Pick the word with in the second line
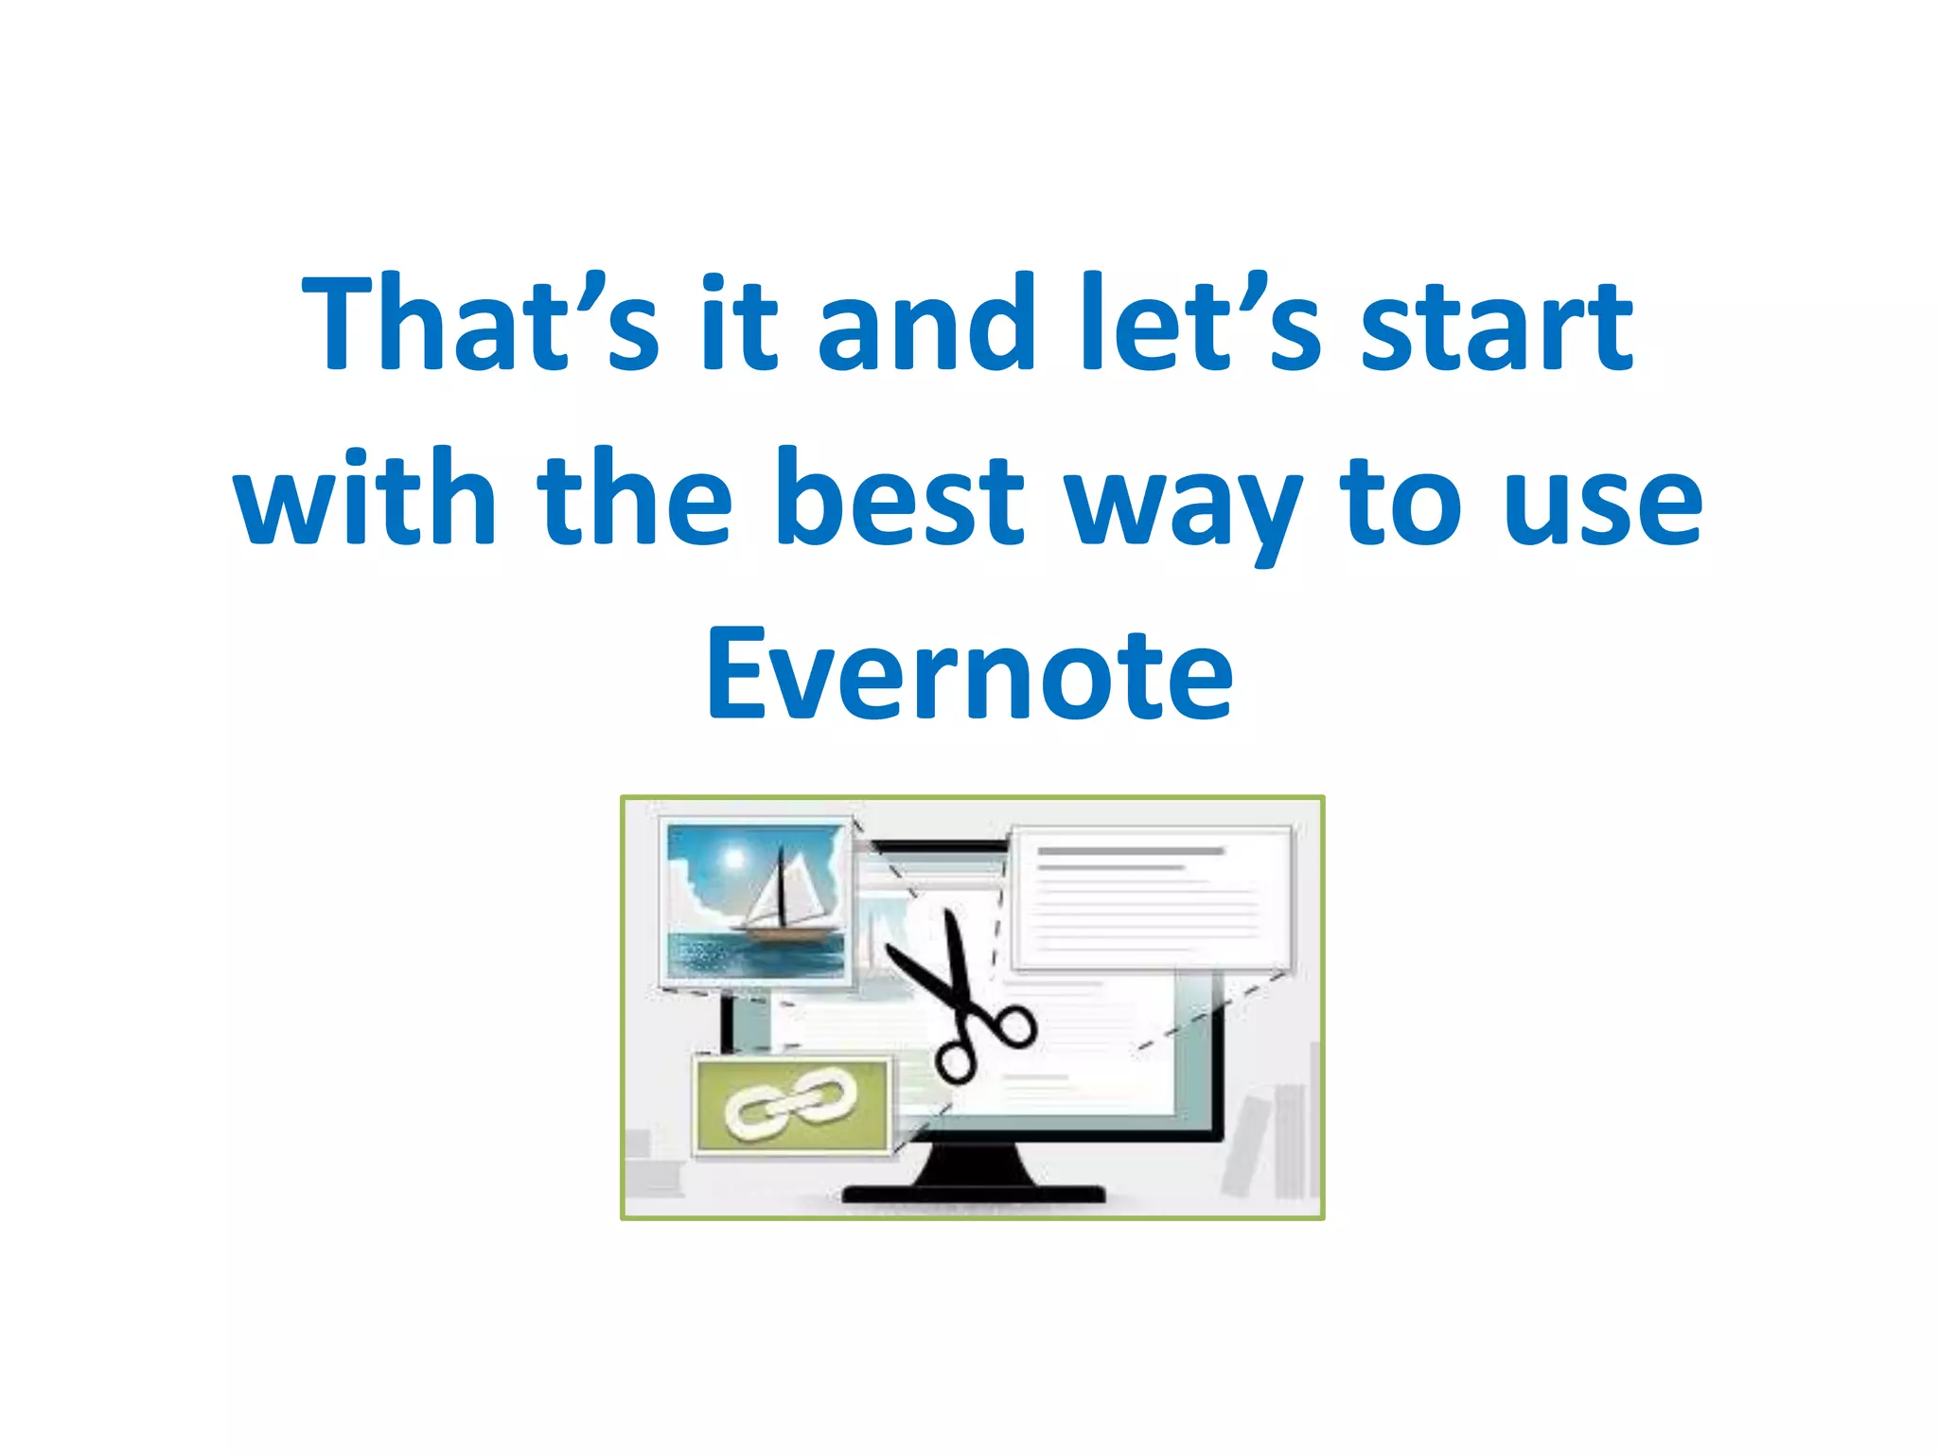tap(365, 499)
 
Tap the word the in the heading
tap(635, 499)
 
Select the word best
tap(900, 499)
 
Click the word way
tap(1183, 506)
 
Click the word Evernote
tap(969, 674)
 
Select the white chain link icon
tap(791, 1103)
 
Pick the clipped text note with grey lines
tap(1151, 899)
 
